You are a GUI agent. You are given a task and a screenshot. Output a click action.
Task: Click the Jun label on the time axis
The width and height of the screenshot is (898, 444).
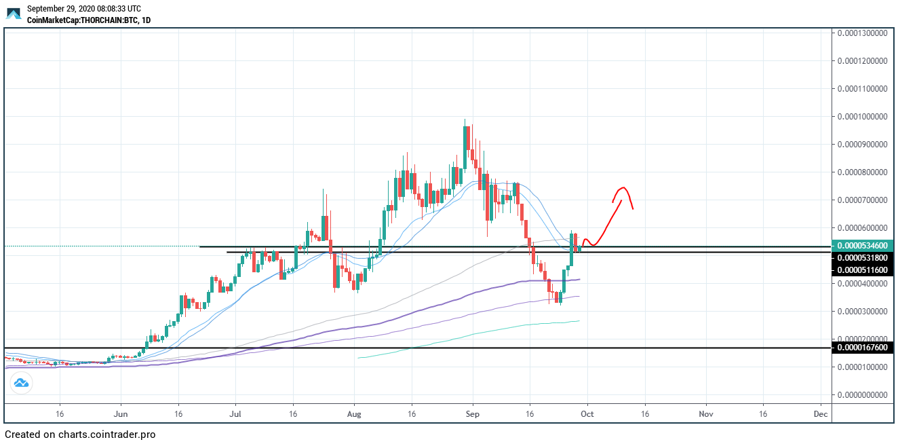tap(121, 413)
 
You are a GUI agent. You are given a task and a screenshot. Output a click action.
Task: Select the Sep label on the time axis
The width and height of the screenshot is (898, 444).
tap(473, 413)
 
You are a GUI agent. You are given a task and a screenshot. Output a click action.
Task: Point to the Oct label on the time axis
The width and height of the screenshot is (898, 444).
tap(587, 413)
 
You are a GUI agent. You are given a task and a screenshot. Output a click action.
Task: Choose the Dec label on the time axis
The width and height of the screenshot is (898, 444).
tap(820, 413)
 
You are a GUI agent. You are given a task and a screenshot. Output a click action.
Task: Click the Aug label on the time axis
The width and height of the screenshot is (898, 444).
tap(353, 413)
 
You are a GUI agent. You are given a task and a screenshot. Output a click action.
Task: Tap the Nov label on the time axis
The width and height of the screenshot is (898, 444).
tap(706, 413)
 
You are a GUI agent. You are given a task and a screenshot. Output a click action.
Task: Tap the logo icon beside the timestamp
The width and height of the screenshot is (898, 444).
tap(14, 13)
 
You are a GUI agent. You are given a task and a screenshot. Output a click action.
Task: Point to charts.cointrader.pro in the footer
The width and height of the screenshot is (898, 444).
tap(106, 434)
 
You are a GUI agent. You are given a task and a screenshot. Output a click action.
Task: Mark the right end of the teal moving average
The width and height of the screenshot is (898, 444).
tap(579, 321)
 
